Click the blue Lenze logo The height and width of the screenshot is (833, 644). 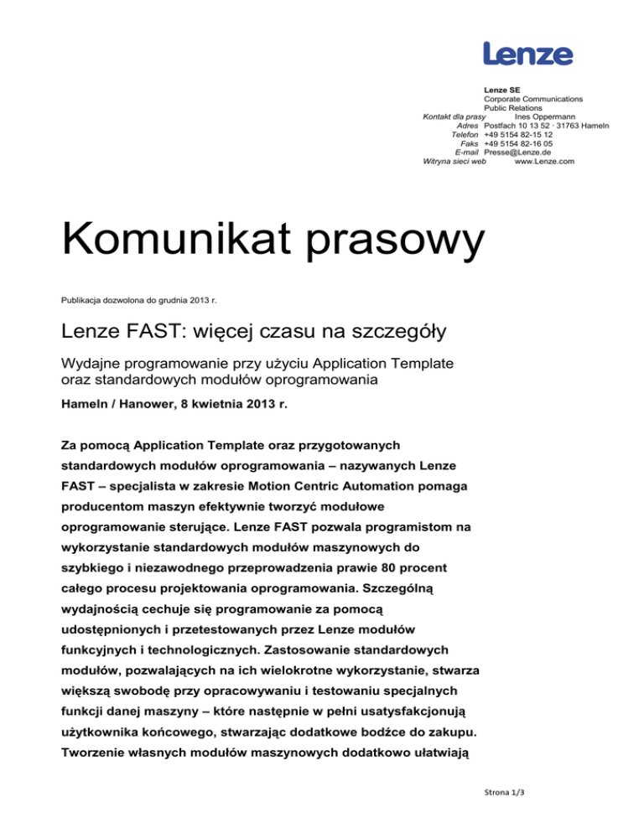point(528,54)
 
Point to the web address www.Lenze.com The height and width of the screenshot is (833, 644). point(543,162)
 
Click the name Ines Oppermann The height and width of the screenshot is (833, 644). point(543,116)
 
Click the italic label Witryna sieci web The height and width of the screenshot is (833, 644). point(454,162)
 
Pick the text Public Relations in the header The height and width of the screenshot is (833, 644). point(512,108)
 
